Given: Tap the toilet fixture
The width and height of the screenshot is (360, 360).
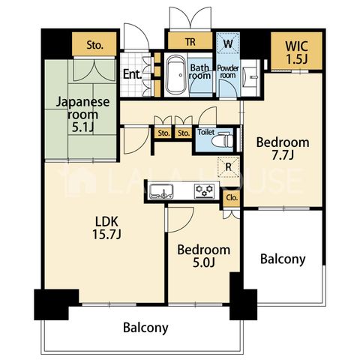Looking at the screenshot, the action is coord(222,141).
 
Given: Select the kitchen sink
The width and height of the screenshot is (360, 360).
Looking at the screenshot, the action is coord(161,191).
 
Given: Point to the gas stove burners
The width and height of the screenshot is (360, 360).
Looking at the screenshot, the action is coord(205,191).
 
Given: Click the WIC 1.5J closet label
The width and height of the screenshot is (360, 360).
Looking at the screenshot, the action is coord(296,52).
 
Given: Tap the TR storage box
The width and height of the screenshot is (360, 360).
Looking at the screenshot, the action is coord(190,41).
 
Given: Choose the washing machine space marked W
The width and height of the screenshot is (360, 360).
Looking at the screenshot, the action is coord(228,43).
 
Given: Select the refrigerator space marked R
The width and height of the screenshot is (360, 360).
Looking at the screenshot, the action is coord(229,167).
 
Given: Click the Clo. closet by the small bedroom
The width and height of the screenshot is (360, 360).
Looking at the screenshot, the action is coord(232,198).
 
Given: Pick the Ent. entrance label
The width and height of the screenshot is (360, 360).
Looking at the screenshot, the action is coord(133,74).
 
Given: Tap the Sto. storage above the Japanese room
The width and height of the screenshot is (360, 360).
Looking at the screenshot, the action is coord(94,44).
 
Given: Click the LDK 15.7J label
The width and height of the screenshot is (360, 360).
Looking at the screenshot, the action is coord(106,228).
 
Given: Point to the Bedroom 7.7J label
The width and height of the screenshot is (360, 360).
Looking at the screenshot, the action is coord(283,148).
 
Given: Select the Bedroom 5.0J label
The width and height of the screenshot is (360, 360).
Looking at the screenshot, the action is coord(204,256).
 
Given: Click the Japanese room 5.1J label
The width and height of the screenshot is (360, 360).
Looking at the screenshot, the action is coord(82,115).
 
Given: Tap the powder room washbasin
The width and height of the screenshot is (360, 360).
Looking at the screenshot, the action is coord(250,77).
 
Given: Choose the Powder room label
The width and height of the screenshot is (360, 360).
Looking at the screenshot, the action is coord(228,71).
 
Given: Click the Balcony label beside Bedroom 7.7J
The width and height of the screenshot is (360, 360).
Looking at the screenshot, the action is coord(283,259).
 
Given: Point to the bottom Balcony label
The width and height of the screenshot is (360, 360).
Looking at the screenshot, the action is coord(145,328).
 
